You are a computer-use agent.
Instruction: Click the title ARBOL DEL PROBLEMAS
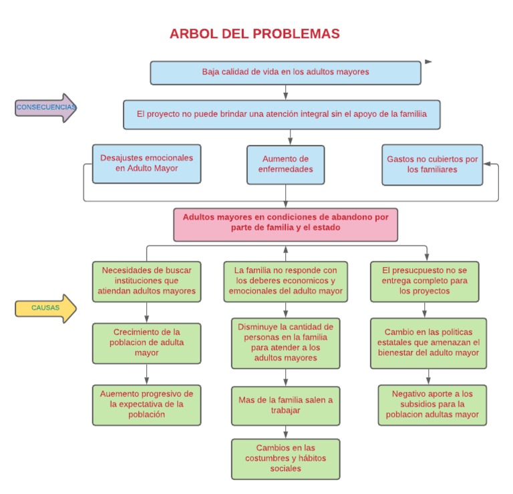click(x=254, y=34)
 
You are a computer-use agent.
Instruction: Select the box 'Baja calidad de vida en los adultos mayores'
click(x=285, y=73)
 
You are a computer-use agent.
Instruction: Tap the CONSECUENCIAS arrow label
click(x=45, y=107)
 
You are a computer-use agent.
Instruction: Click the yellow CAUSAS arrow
click(x=45, y=308)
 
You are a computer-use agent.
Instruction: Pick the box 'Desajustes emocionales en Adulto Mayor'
click(x=146, y=164)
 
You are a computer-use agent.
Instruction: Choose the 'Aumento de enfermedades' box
click(x=285, y=164)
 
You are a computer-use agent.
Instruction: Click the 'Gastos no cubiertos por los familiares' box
click(x=432, y=164)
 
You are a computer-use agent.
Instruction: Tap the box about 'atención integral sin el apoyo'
click(x=281, y=114)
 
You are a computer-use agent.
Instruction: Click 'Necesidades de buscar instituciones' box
click(x=146, y=280)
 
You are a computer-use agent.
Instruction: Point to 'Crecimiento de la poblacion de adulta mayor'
click(x=146, y=343)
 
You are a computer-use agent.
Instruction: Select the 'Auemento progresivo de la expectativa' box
click(x=146, y=404)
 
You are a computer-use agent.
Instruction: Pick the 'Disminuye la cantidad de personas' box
click(x=285, y=342)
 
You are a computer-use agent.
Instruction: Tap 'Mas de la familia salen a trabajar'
click(x=285, y=405)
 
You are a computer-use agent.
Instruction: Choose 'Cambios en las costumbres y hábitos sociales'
click(x=285, y=458)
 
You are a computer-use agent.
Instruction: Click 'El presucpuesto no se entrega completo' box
click(x=424, y=281)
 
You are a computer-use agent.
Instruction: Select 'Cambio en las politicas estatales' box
click(x=427, y=342)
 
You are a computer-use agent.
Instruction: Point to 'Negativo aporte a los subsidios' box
click(x=432, y=404)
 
